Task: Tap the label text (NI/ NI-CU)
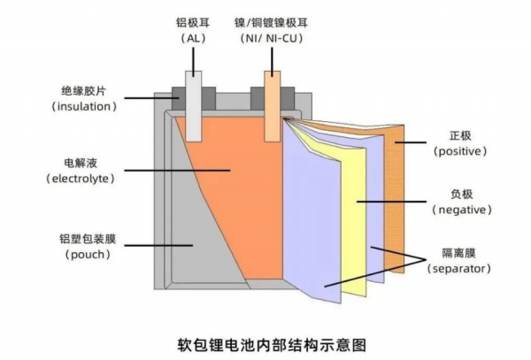(x=270, y=40)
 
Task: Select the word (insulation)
(x=84, y=106)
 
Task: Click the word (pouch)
(x=87, y=255)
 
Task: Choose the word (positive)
(x=458, y=152)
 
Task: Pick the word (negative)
(x=458, y=210)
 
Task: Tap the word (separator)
(x=458, y=267)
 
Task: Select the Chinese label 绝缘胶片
(x=85, y=90)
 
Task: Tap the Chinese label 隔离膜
(x=458, y=252)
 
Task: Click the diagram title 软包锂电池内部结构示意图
(x=265, y=341)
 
